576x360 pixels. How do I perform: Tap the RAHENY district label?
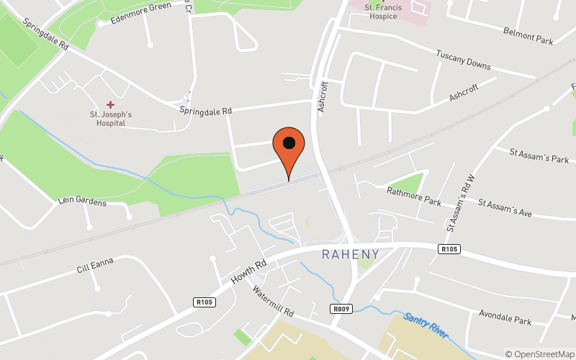[x=350, y=254]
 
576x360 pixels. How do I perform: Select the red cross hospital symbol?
[x=110, y=105]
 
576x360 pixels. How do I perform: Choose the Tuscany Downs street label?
[x=464, y=60]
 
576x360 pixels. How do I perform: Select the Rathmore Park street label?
[x=413, y=197]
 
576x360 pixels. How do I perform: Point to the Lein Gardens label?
[x=82, y=202]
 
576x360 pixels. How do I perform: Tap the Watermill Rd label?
[x=273, y=302]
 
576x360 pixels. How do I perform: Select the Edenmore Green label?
[x=140, y=13]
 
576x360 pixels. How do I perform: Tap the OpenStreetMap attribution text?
[x=539, y=354]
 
